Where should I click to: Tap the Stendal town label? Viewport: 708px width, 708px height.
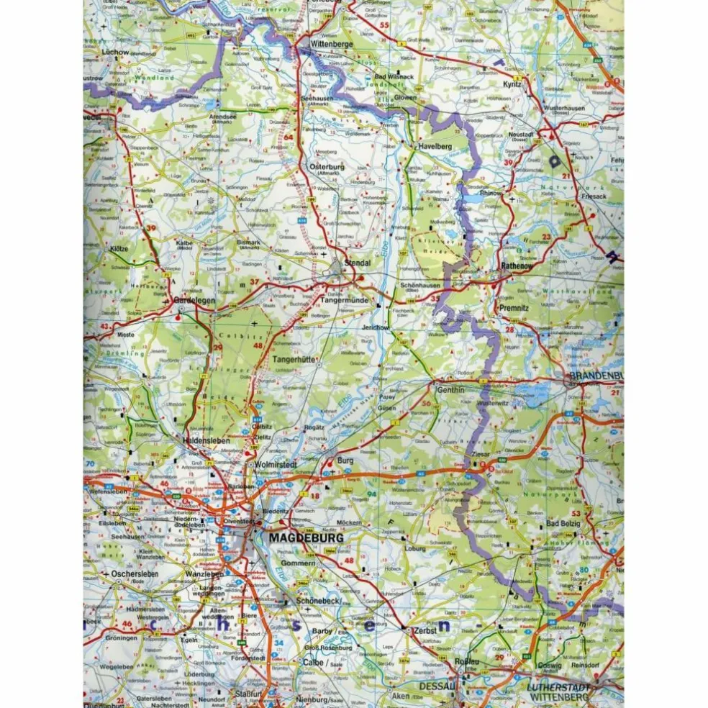point(358,263)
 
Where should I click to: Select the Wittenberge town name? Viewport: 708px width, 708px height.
point(331,44)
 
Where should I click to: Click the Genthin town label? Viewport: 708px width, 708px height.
point(451,389)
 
